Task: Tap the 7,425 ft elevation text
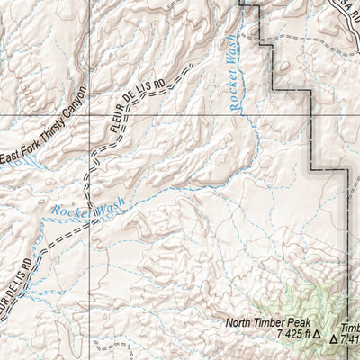[292, 334]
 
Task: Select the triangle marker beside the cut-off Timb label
[334, 340]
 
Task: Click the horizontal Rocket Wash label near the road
[88, 210]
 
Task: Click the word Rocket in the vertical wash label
[233, 94]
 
